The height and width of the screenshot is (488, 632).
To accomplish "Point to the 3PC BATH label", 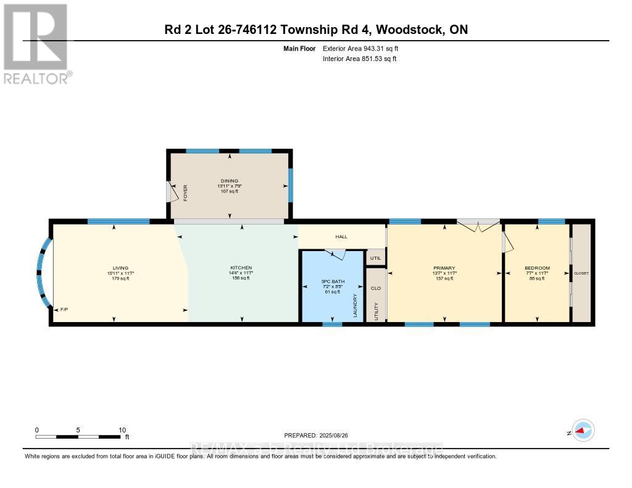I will (x=332, y=281).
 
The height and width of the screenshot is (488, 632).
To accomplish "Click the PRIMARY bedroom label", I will (x=444, y=268).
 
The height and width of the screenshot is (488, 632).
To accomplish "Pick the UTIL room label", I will (x=375, y=258).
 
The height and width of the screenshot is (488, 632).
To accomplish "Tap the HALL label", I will (x=341, y=236).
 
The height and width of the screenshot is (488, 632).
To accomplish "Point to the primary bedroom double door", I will (x=477, y=225).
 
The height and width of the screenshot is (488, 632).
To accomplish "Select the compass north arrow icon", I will (x=583, y=431).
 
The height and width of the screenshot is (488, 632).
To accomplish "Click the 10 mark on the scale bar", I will (x=122, y=430).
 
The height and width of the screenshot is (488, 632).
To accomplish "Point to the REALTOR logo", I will (x=35, y=43).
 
